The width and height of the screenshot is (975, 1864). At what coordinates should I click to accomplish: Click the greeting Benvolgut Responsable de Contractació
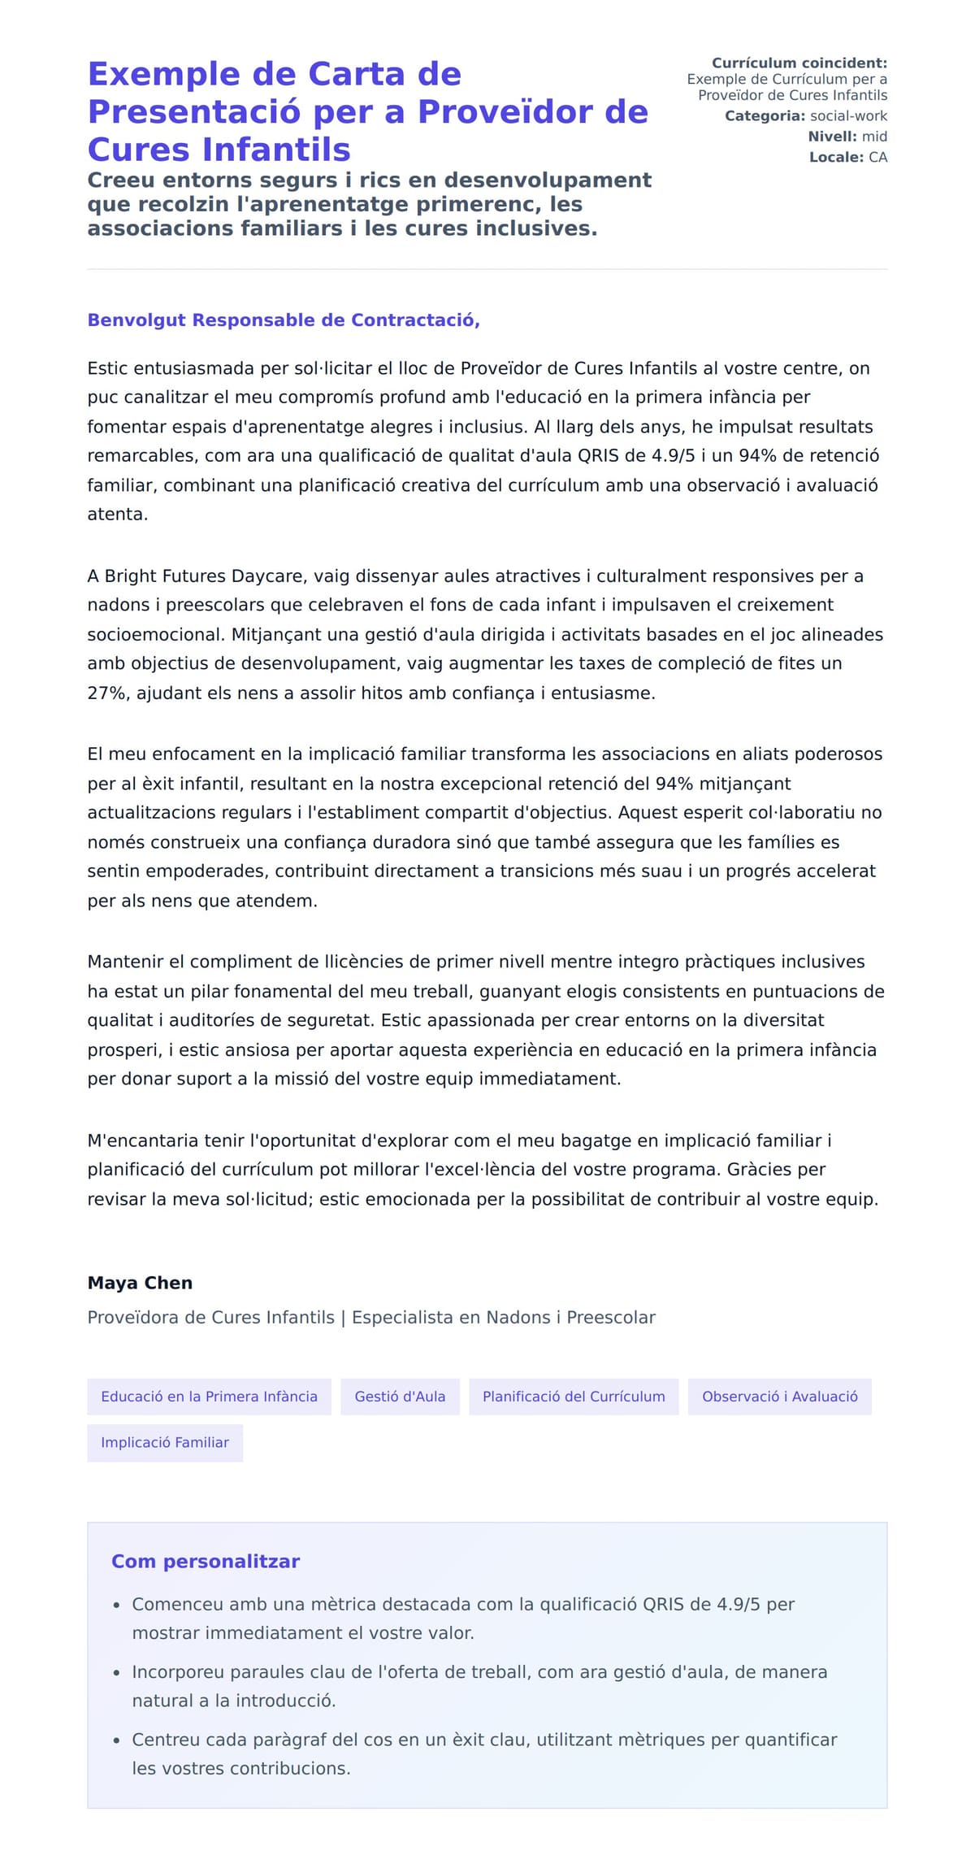pyautogui.click(x=284, y=320)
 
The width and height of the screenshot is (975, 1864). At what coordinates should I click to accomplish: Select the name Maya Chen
pyautogui.click(x=140, y=1283)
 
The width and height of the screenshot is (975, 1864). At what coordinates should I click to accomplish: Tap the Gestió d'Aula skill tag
pyautogui.click(x=400, y=1397)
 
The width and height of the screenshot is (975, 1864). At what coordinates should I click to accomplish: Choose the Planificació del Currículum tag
pyautogui.click(x=574, y=1397)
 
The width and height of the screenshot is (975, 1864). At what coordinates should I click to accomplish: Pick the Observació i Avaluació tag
pyautogui.click(x=779, y=1397)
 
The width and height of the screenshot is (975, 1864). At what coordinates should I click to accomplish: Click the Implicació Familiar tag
pyautogui.click(x=165, y=1442)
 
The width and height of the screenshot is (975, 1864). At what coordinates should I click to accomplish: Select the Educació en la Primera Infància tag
pyautogui.click(x=209, y=1397)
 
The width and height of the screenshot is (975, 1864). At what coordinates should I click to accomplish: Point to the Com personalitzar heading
pyautogui.click(x=206, y=1562)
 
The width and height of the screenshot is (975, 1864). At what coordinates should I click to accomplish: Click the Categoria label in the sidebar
pyautogui.click(x=765, y=116)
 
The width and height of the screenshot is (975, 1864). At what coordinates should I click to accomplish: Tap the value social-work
pyautogui.click(x=849, y=116)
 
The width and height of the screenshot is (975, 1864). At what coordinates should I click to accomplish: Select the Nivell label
pyautogui.click(x=832, y=137)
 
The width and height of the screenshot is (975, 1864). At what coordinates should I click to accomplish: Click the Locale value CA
pyautogui.click(x=878, y=157)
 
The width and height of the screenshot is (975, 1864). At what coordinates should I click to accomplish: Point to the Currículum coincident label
pyautogui.click(x=799, y=63)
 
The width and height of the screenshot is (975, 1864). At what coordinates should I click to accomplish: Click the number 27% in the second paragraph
pyautogui.click(x=106, y=693)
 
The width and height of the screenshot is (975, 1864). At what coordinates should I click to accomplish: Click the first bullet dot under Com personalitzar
pyautogui.click(x=117, y=1605)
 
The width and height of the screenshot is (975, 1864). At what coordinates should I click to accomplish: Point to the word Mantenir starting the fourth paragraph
pyautogui.click(x=124, y=962)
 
